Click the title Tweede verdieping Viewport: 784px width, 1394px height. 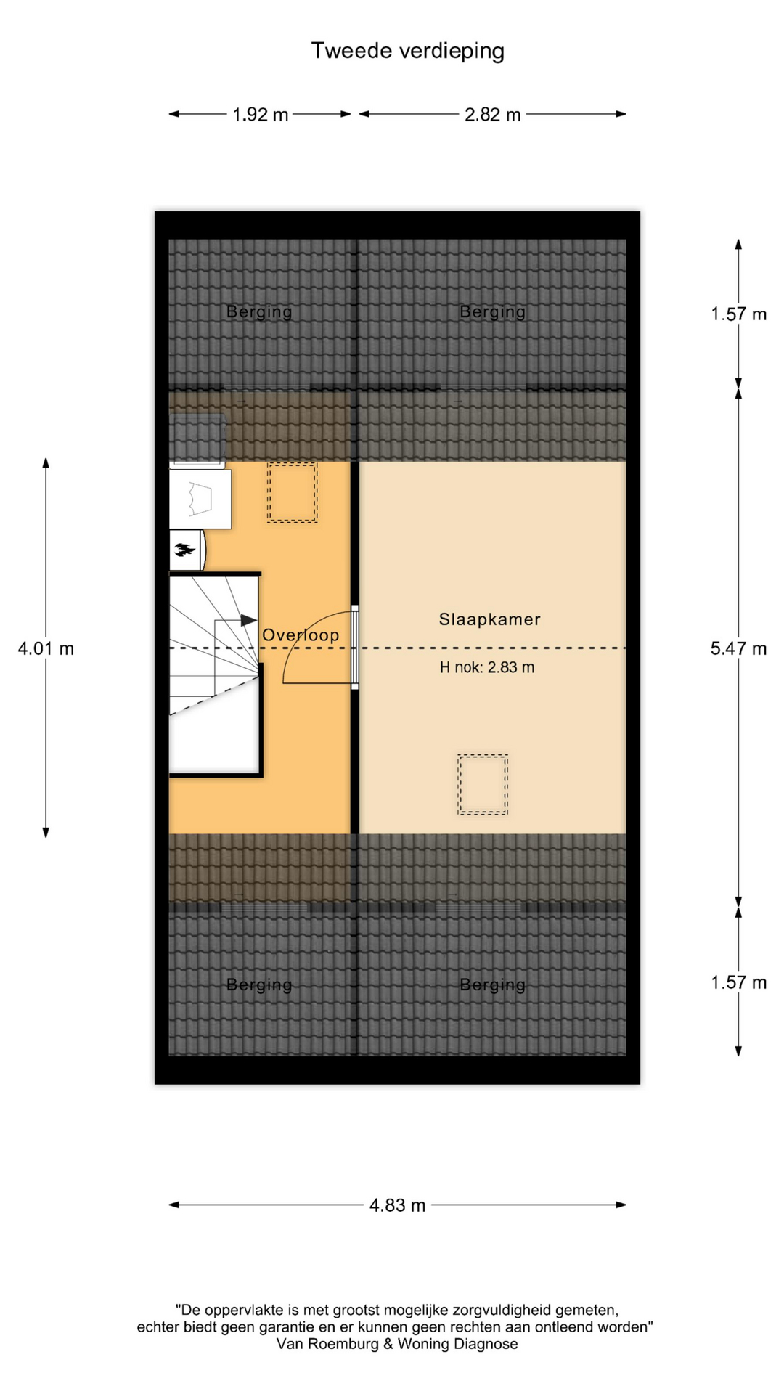407,52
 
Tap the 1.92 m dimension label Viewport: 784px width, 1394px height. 260,115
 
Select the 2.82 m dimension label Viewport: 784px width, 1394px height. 492,115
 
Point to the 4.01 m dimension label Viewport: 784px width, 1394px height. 46,648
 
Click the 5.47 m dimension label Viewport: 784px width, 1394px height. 738,648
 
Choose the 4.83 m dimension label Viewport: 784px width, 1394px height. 397,1205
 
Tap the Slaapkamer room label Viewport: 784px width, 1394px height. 489,619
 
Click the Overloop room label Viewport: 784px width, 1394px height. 301,635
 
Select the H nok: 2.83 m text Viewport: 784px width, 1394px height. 486,667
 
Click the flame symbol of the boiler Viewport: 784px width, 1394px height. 184,550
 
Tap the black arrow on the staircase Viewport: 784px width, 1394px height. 248,620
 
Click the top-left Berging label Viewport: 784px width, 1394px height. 259,312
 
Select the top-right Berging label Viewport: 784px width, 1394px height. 492,312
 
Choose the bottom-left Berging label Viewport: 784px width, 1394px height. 259,985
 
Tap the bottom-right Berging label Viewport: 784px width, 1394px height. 492,985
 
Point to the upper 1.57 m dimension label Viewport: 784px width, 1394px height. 738,314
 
